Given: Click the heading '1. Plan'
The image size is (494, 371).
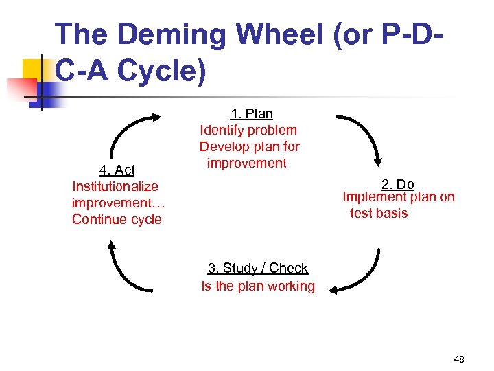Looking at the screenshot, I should click(251, 114).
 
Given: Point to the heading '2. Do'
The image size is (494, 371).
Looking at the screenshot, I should click(398, 184).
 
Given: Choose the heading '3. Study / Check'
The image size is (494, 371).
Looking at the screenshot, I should click(258, 269).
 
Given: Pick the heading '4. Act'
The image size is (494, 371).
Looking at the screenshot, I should click(117, 170).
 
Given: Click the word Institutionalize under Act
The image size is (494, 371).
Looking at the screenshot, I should click(115, 186).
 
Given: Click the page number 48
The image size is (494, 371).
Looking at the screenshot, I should click(459, 359).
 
